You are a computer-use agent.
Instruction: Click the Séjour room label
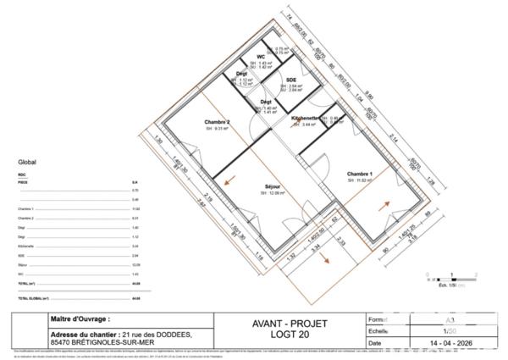(272, 187)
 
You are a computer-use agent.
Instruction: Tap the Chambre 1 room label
(360, 174)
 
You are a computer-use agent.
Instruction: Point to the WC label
(250, 57)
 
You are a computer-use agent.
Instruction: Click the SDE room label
(290, 80)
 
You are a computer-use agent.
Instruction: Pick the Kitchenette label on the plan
(305, 118)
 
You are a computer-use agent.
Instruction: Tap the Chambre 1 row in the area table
(26, 208)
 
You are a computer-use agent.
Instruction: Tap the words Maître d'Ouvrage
(81, 319)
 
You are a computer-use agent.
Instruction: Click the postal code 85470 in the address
(62, 344)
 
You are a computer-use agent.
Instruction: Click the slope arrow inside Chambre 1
(386, 204)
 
